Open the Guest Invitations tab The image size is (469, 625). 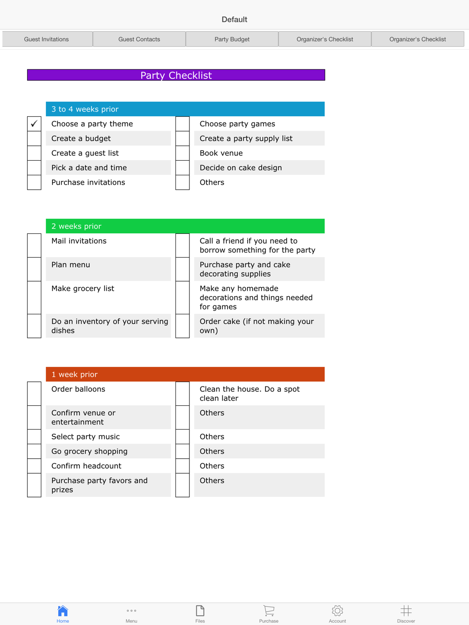46,39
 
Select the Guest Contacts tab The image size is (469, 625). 139,39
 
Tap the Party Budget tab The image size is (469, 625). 232,39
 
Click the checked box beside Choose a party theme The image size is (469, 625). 34,124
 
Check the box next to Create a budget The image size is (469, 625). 34,139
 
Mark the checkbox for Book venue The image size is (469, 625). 182,153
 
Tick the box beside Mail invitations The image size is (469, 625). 34,246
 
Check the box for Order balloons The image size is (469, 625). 34,394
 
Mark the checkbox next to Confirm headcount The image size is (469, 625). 34,466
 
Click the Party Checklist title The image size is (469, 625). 176,75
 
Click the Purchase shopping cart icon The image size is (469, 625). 269,611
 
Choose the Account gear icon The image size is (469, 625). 337,611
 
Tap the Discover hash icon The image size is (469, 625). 406,611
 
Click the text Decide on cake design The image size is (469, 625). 241,168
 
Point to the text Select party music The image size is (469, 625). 85,437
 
